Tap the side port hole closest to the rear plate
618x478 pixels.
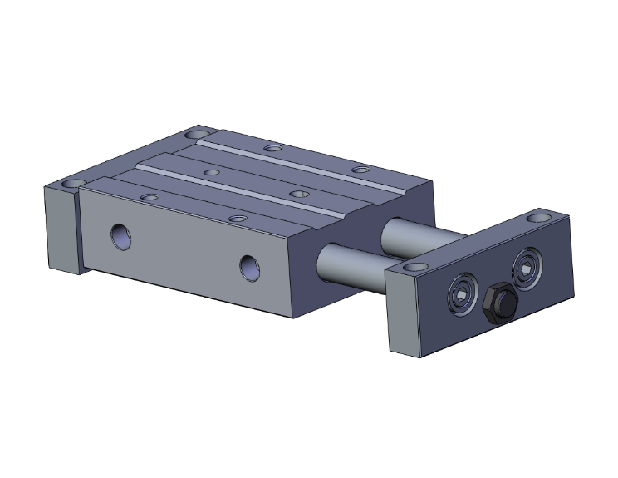(120, 236)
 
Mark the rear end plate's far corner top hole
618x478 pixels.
(197, 133)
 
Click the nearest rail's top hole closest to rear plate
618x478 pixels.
(150, 197)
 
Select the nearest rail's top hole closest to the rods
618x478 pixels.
(238, 219)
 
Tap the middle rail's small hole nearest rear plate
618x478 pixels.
(212, 172)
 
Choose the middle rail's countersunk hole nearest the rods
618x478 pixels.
(299, 194)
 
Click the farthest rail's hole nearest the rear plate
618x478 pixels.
(271, 149)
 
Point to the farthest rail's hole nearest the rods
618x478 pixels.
(360, 170)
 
